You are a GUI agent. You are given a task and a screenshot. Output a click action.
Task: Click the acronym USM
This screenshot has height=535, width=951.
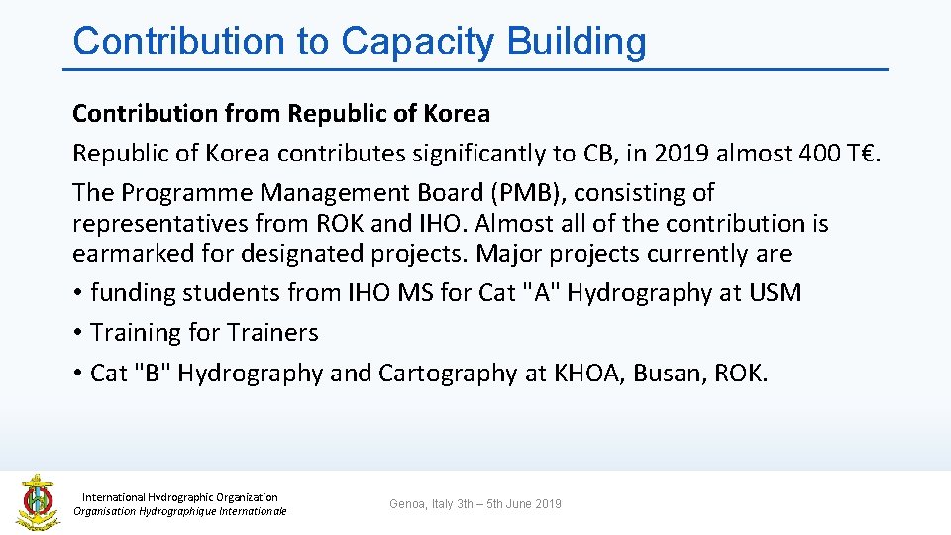(x=775, y=293)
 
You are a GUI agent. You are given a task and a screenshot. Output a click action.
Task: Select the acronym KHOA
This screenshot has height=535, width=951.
(x=588, y=374)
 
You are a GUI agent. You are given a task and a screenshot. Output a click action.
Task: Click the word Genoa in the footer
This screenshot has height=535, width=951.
(x=406, y=504)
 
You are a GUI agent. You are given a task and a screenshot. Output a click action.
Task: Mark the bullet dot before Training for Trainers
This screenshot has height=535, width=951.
(x=76, y=334)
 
